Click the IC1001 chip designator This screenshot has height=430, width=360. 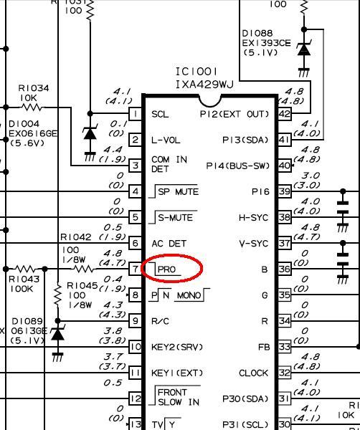196,72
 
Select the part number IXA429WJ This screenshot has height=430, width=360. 204,84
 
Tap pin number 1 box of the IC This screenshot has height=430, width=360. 136,113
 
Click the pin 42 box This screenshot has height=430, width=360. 285,113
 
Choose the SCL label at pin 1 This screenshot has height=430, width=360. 160,114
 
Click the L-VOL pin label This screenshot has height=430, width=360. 166,140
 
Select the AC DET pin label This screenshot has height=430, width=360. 169,243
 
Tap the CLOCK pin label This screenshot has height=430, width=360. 253,373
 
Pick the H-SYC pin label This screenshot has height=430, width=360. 253,218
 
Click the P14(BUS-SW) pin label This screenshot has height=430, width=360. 237,166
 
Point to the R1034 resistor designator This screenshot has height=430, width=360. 34,88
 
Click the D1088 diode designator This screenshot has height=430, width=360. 257,33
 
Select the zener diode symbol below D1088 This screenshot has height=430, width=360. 304,49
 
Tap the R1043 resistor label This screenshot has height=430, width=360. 24,279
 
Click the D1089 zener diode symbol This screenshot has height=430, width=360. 57,334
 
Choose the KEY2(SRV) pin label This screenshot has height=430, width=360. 177,347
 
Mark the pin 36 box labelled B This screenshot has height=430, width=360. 285,269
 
